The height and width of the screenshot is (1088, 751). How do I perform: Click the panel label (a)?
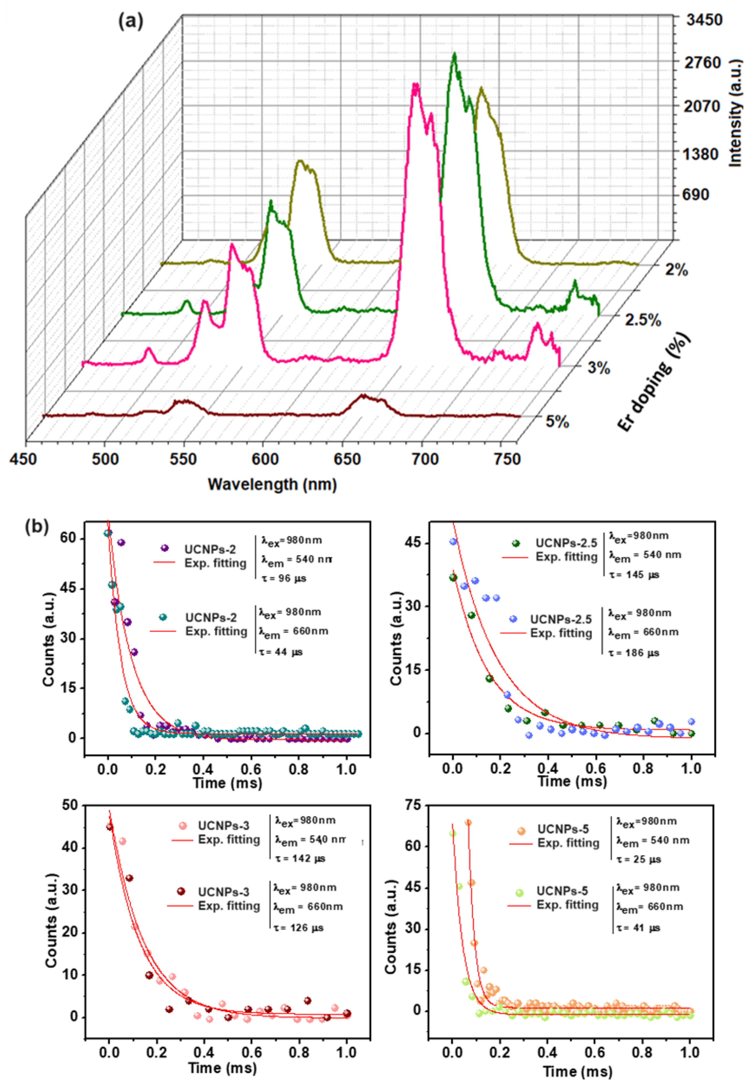tap(131, 22)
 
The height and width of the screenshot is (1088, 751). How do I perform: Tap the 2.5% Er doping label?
tap(643, 320)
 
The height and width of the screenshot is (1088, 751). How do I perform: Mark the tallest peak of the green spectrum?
tap(454, 55)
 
